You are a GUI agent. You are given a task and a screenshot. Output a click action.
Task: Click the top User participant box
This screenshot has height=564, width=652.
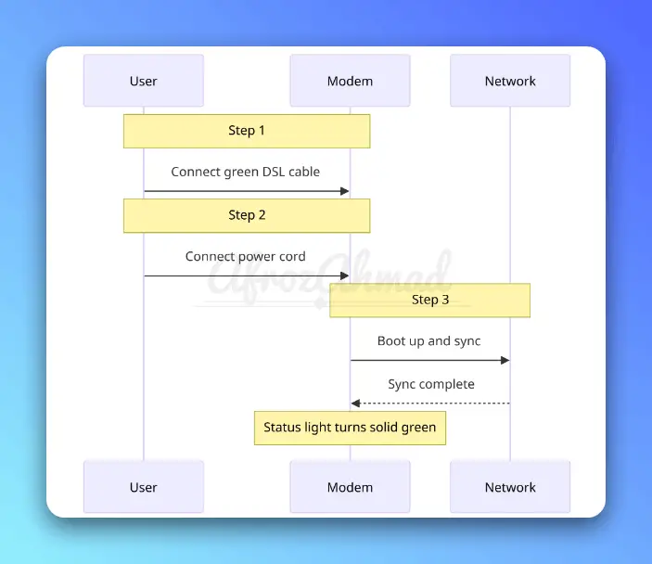(x=143, y=81)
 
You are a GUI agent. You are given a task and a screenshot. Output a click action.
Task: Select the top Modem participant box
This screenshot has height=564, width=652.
(x=350, y=81)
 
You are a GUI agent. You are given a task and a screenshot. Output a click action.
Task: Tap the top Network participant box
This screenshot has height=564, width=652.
(x=510, y=81)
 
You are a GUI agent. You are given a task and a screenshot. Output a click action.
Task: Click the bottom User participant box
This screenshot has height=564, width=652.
(x=143, y=487)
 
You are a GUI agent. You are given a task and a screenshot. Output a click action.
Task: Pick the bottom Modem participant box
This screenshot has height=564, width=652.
(x=350, y=487)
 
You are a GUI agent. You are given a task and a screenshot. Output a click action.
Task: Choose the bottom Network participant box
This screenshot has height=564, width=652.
(x=510, y=487)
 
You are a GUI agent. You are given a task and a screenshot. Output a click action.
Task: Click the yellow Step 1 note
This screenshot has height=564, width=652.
(x=247, y=131)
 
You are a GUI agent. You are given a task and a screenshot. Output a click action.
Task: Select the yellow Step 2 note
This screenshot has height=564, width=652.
(x=247, y=215)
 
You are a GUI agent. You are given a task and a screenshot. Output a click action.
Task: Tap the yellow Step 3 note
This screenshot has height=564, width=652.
(x=429, y=300)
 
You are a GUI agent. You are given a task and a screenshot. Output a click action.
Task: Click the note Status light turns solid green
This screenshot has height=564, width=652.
(x=350, y=428)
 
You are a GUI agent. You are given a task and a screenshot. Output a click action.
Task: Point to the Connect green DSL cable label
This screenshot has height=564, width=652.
(x=246, y=172)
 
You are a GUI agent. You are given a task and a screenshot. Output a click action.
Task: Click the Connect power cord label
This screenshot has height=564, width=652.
(x=246, y=256)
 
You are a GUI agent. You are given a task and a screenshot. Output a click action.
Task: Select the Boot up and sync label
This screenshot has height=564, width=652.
(x=428, y=340)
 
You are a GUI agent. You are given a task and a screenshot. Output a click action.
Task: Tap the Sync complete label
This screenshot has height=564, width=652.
(x=430, y=384)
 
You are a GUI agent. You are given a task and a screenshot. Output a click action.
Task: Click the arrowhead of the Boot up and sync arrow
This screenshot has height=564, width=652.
(x=505, y=360)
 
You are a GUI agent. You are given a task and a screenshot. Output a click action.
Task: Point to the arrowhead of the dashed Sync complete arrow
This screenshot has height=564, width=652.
(x=355, y=404)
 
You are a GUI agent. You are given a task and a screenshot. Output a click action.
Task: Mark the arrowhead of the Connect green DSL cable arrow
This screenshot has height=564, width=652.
(x=344, y=191)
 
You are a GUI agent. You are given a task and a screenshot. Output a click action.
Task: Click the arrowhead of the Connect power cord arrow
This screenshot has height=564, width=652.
(x=344, y=276)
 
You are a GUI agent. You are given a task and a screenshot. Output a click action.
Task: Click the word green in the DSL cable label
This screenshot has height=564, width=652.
(x=244, y=172)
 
